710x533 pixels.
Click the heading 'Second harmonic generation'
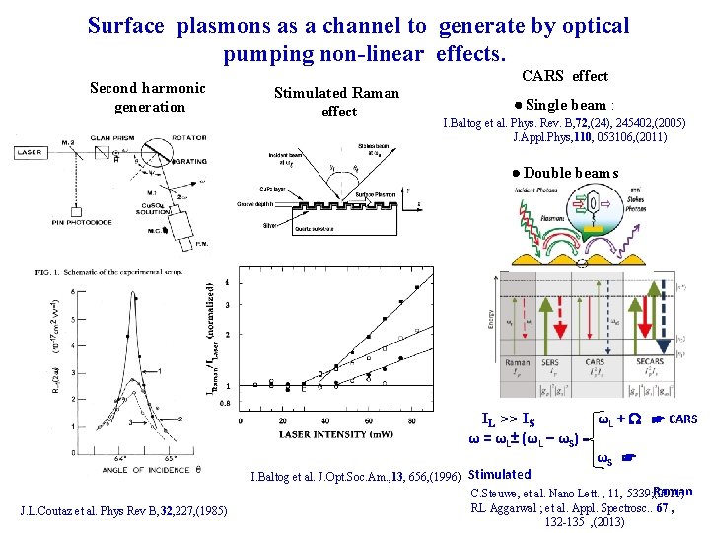pyautogui.click(x=149, y=97)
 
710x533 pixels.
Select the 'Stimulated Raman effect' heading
pyautogui.click(x=337, y=102)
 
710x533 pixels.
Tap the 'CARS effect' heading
pyautogui.click(x=564, y=76)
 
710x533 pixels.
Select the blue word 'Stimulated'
pyautogui.click(x=499, y=474)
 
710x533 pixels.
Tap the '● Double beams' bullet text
pyautogui.click(x=566, y=174)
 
